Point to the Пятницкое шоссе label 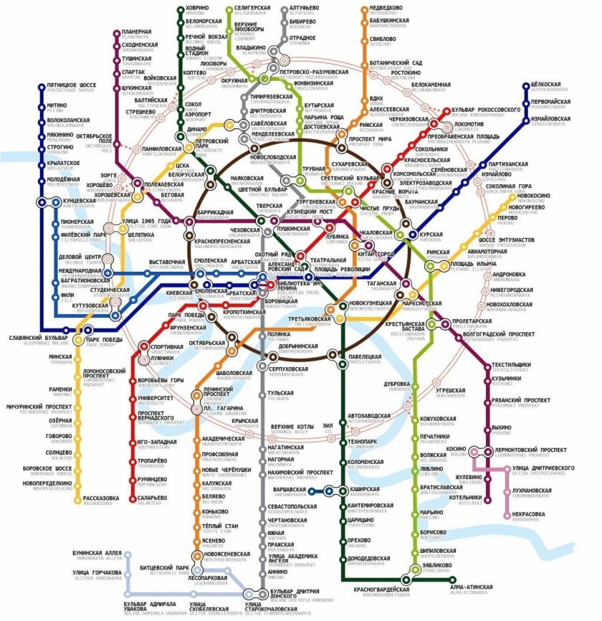coord(72,85)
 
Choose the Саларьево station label coord(152,496)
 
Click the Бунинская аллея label coord(97,554)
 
